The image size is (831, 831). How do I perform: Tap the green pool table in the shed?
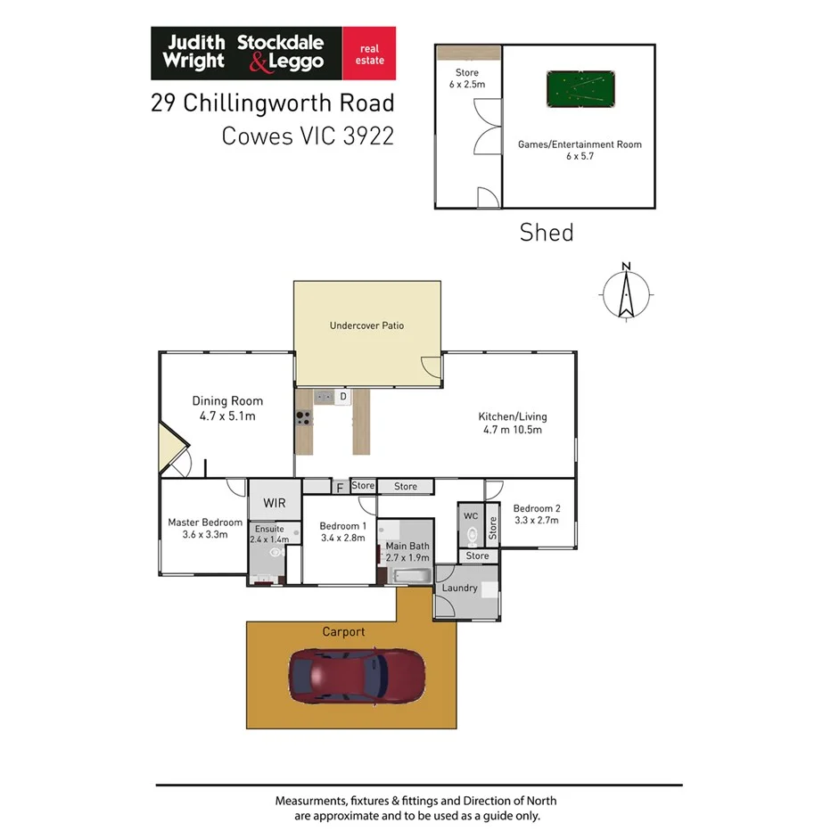(580, 89)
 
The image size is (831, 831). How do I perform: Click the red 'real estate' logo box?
(370, 53)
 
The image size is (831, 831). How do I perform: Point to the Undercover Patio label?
(366, 325)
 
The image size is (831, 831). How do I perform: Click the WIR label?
(274, 503)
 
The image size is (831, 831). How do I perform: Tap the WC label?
(471, 515)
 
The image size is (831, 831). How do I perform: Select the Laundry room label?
(459, 588)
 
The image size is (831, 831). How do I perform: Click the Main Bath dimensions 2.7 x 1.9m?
(407, 557)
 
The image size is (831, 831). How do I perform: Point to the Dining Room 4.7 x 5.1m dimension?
(227, 415)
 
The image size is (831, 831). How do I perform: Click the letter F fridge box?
(339, 488)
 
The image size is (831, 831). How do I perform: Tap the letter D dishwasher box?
(342, 396)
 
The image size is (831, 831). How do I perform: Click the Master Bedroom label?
(205, 522)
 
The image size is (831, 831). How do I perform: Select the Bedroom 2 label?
(537, 508)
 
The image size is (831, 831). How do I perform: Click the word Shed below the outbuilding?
(547, 234)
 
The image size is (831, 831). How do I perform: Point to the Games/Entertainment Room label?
(580, 144)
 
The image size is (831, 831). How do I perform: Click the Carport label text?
(343, 631)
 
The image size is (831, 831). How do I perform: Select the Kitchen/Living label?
(513, 416)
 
